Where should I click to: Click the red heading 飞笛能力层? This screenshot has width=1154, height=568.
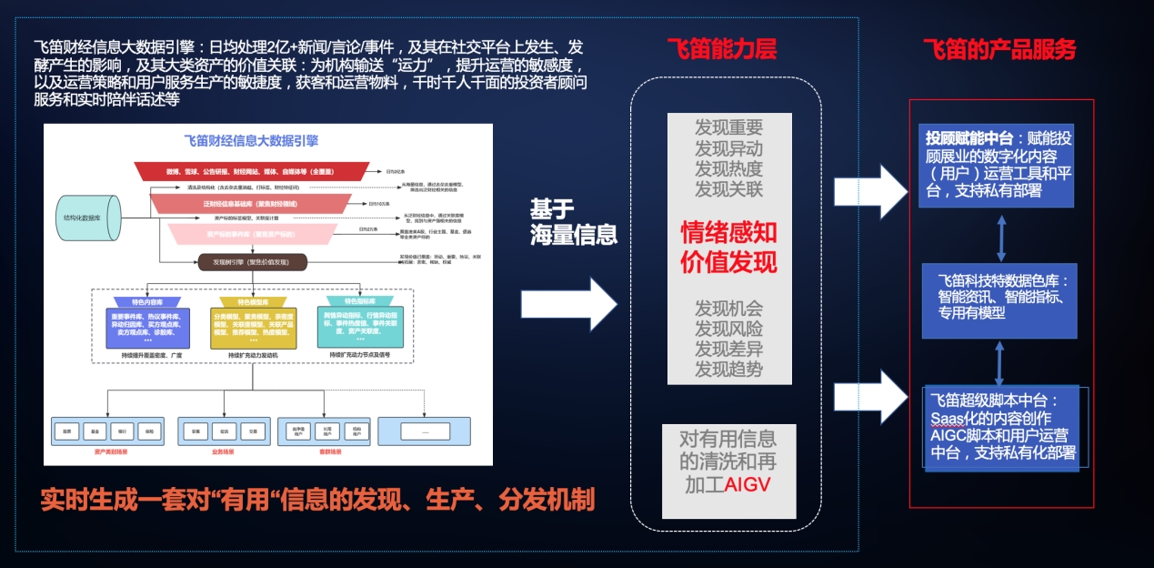[721, 49]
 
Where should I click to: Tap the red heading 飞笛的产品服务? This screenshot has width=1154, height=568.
[998, 49]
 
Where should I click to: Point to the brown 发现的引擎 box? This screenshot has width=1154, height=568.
[252, 262]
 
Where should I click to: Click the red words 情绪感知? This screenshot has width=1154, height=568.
[728, 233]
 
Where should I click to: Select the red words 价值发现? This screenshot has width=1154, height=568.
[728, 262]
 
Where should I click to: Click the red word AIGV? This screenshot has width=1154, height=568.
[747, 484]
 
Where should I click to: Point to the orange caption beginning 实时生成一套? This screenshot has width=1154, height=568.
[317, 499]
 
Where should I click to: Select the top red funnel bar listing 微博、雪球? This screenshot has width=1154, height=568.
[251, 171]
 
